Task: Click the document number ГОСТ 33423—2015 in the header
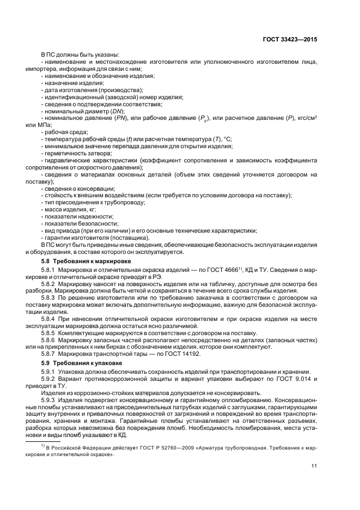click(x=291, y=40)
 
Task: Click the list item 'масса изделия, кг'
click(x=70, y=209)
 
